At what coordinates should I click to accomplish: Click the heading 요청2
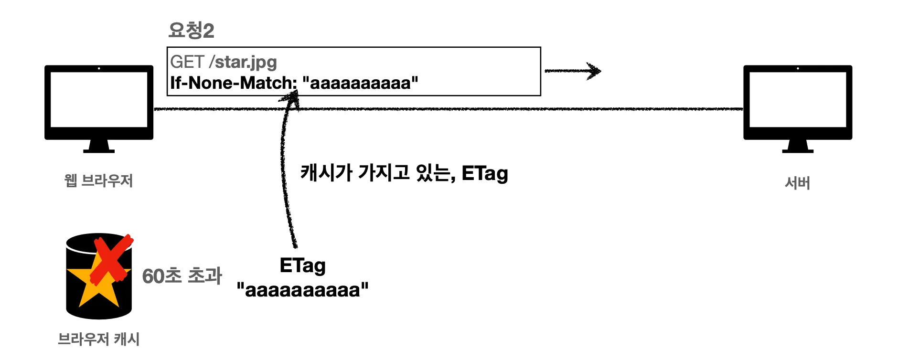click(191, 31)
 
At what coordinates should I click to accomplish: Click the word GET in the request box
click(187, 62)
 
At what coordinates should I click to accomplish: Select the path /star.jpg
click(246, 62)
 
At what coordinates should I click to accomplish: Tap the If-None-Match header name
click(233, 83)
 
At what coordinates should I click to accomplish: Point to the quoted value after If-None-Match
click(360, 83)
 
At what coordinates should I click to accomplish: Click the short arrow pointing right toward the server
click(573, 71)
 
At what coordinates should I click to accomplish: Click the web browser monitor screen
click(99, 99)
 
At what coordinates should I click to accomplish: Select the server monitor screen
click(798, 99)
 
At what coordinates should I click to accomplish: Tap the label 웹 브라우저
click(98, 181)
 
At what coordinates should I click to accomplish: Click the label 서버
click(797, 183)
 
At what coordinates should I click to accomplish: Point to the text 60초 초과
click(182, 276)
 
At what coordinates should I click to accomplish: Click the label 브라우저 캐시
click(98, 339)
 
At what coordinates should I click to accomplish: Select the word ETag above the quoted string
click(302, 266)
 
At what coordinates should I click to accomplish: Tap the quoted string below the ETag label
click(302, 290)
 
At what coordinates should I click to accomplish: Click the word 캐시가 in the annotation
click(326, 172)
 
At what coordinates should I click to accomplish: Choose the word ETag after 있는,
click(484, 173)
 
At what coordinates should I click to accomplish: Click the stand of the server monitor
click(798, 146)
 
